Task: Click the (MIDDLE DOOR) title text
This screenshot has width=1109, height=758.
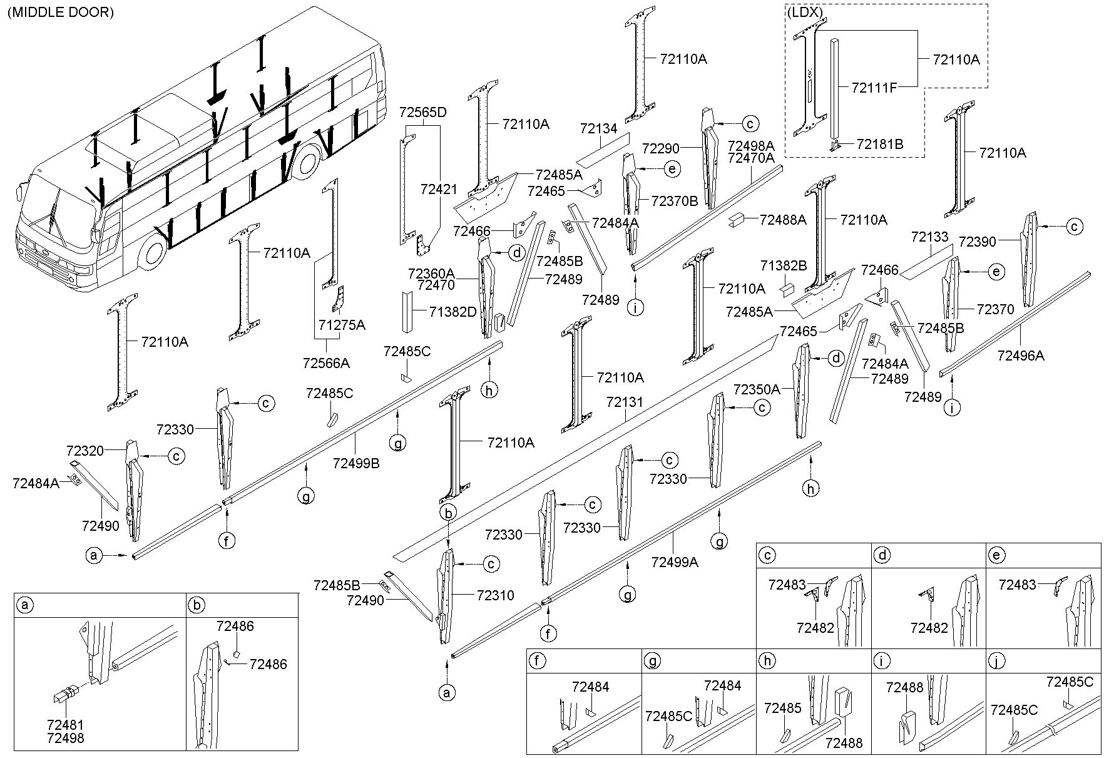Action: click(x=61, y=12)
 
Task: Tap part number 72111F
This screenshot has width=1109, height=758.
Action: click(x=874, y=88)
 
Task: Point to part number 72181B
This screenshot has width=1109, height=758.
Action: click(x=881, y=145)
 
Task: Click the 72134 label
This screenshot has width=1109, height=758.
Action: click(x=598, y=129)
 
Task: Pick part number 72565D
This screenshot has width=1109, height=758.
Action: click(x=423, y=113)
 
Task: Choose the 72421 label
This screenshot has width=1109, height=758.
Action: click(x=439, y=189)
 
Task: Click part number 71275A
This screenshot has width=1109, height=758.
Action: click(x=342, y=325)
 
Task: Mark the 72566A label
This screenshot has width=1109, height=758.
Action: click(x=326, y=363)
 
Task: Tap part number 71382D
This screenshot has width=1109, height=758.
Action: click(x=453, y=311)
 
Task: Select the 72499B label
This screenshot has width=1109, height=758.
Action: click(x=356, y=463)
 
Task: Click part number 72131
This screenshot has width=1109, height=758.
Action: click(x=625, y=402)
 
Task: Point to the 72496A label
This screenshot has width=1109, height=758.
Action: click(x=1021, y=356)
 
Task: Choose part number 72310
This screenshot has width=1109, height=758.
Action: click(x=496, y=595)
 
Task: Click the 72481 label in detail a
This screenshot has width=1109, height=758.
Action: click(x=65, y=725)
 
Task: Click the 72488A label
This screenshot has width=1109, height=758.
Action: click(x=783, y=220)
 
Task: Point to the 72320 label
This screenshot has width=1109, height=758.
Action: click(x=85, y=450)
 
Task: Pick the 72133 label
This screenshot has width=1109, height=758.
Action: click(x=931, y=237)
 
